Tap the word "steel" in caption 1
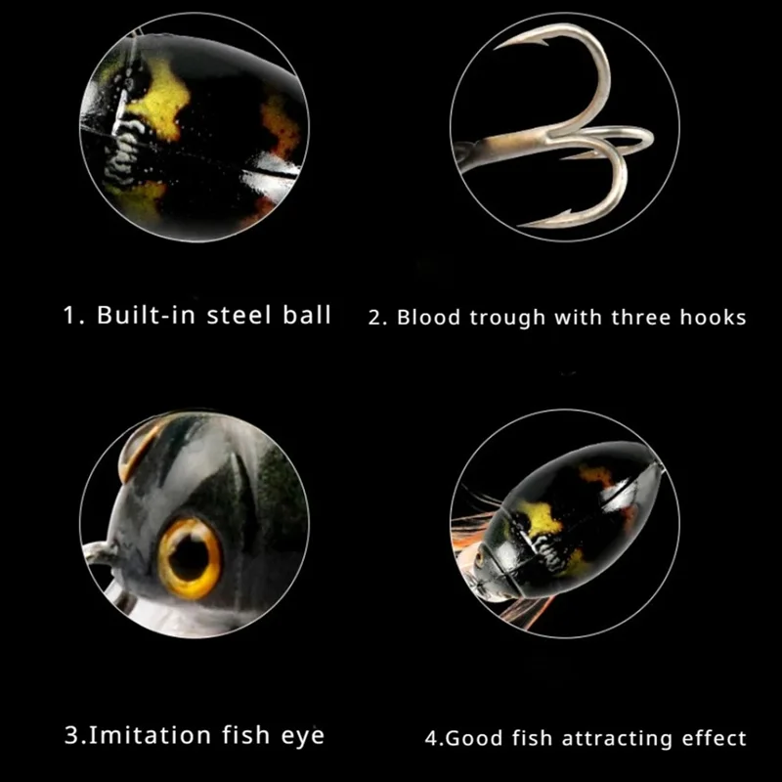pyautogui.click(x=240, y=316)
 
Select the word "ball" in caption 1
pyautogui.click(x=307, y=316)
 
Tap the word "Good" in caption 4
pyautogui.click(x=468, y=738)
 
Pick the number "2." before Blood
pyautogui.click(x=378, y=318)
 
